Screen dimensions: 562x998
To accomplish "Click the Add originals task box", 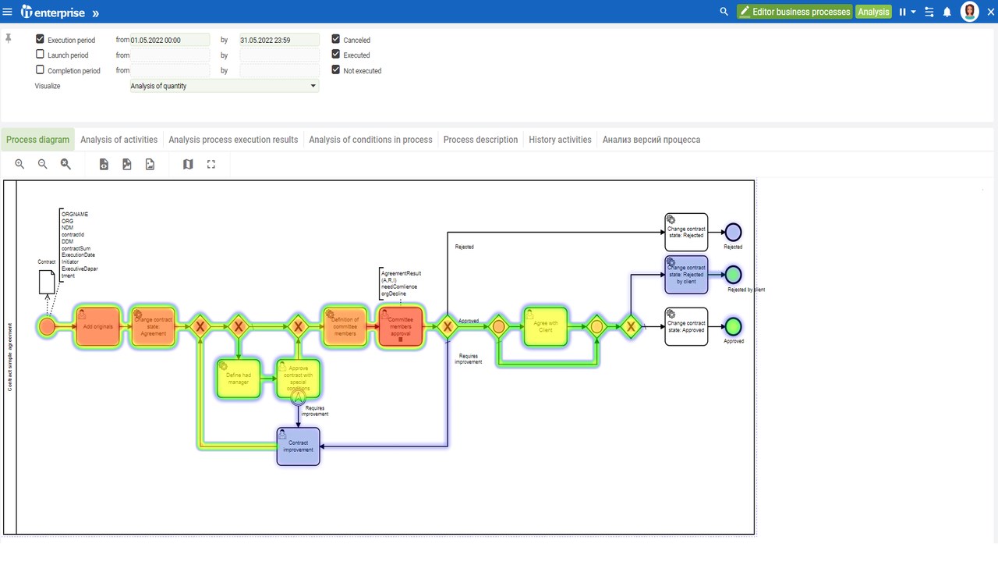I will coord(98,326).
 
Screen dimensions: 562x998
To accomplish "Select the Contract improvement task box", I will coord(298,446).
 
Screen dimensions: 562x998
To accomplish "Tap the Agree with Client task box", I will coord(546,326).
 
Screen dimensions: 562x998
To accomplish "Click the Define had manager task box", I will coord(238,379).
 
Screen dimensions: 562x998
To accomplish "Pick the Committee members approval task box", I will coord(400,326).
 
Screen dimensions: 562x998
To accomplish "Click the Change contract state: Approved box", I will coord(686,326).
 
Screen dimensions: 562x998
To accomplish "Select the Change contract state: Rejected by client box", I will coord(686,275).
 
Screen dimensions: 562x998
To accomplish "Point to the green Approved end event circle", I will coord(733,326).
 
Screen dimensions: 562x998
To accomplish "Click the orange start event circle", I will coord(47,326).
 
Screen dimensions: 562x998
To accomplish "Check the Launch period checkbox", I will coord(41,55).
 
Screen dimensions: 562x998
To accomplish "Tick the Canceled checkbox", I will coord(336,39).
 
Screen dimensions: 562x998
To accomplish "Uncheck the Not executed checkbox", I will coord(336,70).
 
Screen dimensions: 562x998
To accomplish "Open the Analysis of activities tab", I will coord(119,140).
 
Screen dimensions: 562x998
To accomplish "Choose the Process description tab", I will coord(480,140).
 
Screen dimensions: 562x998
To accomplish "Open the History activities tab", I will coord(560,140).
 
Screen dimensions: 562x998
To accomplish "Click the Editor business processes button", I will coord(795,12).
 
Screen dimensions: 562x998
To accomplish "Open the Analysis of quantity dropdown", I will coord(224,86).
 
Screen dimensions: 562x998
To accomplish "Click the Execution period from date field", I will coord(170,40).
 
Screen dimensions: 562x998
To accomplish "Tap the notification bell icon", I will coord(947,12).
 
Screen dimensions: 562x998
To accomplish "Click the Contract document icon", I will coord(47,282).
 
